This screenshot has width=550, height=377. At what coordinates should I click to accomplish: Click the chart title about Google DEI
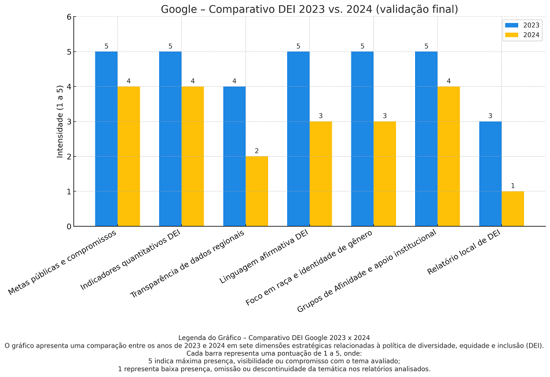point(309,9)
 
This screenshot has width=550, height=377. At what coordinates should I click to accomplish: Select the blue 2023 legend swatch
point(512,25)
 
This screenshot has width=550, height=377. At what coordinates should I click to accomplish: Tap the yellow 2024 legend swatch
point(512,35)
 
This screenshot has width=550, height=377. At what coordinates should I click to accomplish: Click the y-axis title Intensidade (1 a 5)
point(60,121)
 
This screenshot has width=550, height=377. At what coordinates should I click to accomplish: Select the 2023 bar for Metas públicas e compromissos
point(107,139)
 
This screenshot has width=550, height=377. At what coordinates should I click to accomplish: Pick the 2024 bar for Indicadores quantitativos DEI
point(192,156)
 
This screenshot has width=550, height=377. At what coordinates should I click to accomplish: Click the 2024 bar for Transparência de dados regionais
point(256,191)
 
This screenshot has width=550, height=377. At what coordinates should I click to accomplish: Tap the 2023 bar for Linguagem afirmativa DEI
point(298,139)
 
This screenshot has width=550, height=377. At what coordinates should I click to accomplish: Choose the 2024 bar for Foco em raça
point(384,173)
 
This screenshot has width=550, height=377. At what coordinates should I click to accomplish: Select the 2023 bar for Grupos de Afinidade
point(426,139)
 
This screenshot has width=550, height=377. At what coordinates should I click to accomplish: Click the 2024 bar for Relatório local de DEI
point(512,209)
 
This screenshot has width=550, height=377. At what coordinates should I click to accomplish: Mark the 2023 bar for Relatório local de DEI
point(490,173)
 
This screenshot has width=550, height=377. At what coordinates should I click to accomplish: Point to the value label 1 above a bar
point(512,186)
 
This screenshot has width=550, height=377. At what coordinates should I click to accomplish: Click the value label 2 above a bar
point(256,151)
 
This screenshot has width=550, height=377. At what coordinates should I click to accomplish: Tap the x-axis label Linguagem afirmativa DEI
point(264,256)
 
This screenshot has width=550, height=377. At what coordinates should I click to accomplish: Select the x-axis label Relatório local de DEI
point(464,252)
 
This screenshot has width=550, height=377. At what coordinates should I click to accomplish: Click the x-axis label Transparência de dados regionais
point(187,264)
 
